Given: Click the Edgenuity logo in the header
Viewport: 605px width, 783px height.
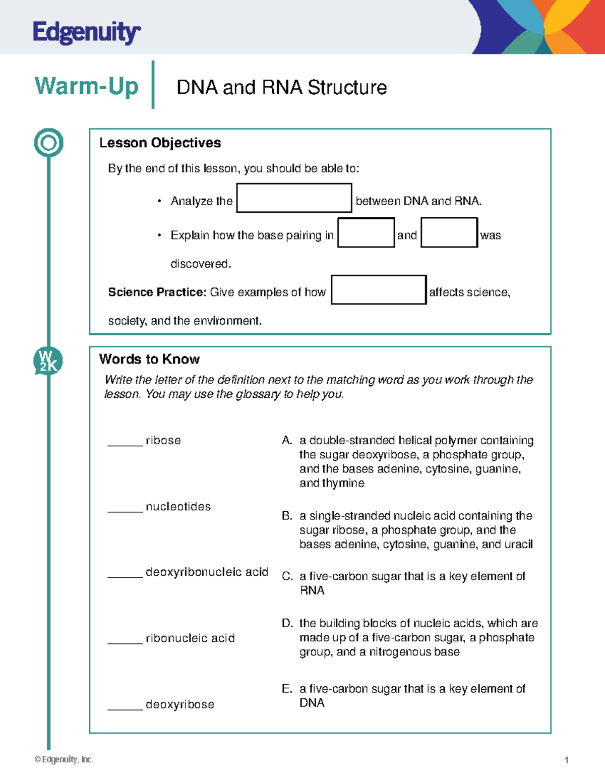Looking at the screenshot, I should point(86,33).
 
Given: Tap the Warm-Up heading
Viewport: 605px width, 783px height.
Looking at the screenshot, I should point(86,86).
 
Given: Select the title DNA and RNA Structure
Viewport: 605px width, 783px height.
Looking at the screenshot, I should point(281,88).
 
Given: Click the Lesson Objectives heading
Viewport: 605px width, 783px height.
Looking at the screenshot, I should point(160,143).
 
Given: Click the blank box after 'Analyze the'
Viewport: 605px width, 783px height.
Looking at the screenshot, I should point(294,198).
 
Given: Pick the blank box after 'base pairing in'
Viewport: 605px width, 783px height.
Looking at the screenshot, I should point(366,232).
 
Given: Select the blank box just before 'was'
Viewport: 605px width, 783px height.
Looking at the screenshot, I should point(449,232).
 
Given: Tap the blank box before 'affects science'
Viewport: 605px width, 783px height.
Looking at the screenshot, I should point(379,290).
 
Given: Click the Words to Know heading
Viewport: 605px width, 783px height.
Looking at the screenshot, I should point(149,359).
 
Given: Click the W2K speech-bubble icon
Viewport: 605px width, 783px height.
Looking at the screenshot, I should point(48,361).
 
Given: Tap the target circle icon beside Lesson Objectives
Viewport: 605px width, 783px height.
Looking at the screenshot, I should point(48,143).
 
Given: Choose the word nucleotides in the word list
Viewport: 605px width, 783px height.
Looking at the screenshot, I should point(178,507).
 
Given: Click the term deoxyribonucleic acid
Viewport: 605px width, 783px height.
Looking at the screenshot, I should point(207,572).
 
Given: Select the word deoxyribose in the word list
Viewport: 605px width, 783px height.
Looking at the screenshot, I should point(180,704).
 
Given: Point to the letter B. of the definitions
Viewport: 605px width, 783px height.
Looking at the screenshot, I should point(287,516).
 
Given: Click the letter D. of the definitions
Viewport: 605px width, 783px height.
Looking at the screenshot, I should point(287,623).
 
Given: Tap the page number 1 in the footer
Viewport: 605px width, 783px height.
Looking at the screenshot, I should point(567,760).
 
